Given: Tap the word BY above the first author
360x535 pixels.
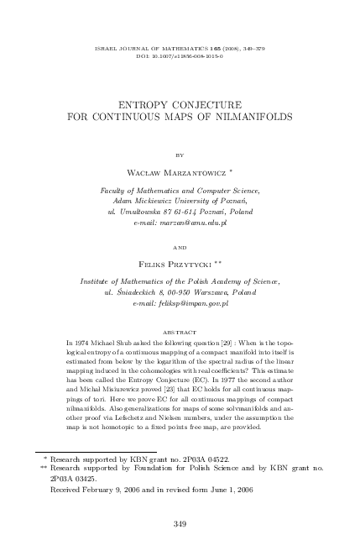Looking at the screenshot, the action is [180, 155].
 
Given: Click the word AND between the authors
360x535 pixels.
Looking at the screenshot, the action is [180, 248].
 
